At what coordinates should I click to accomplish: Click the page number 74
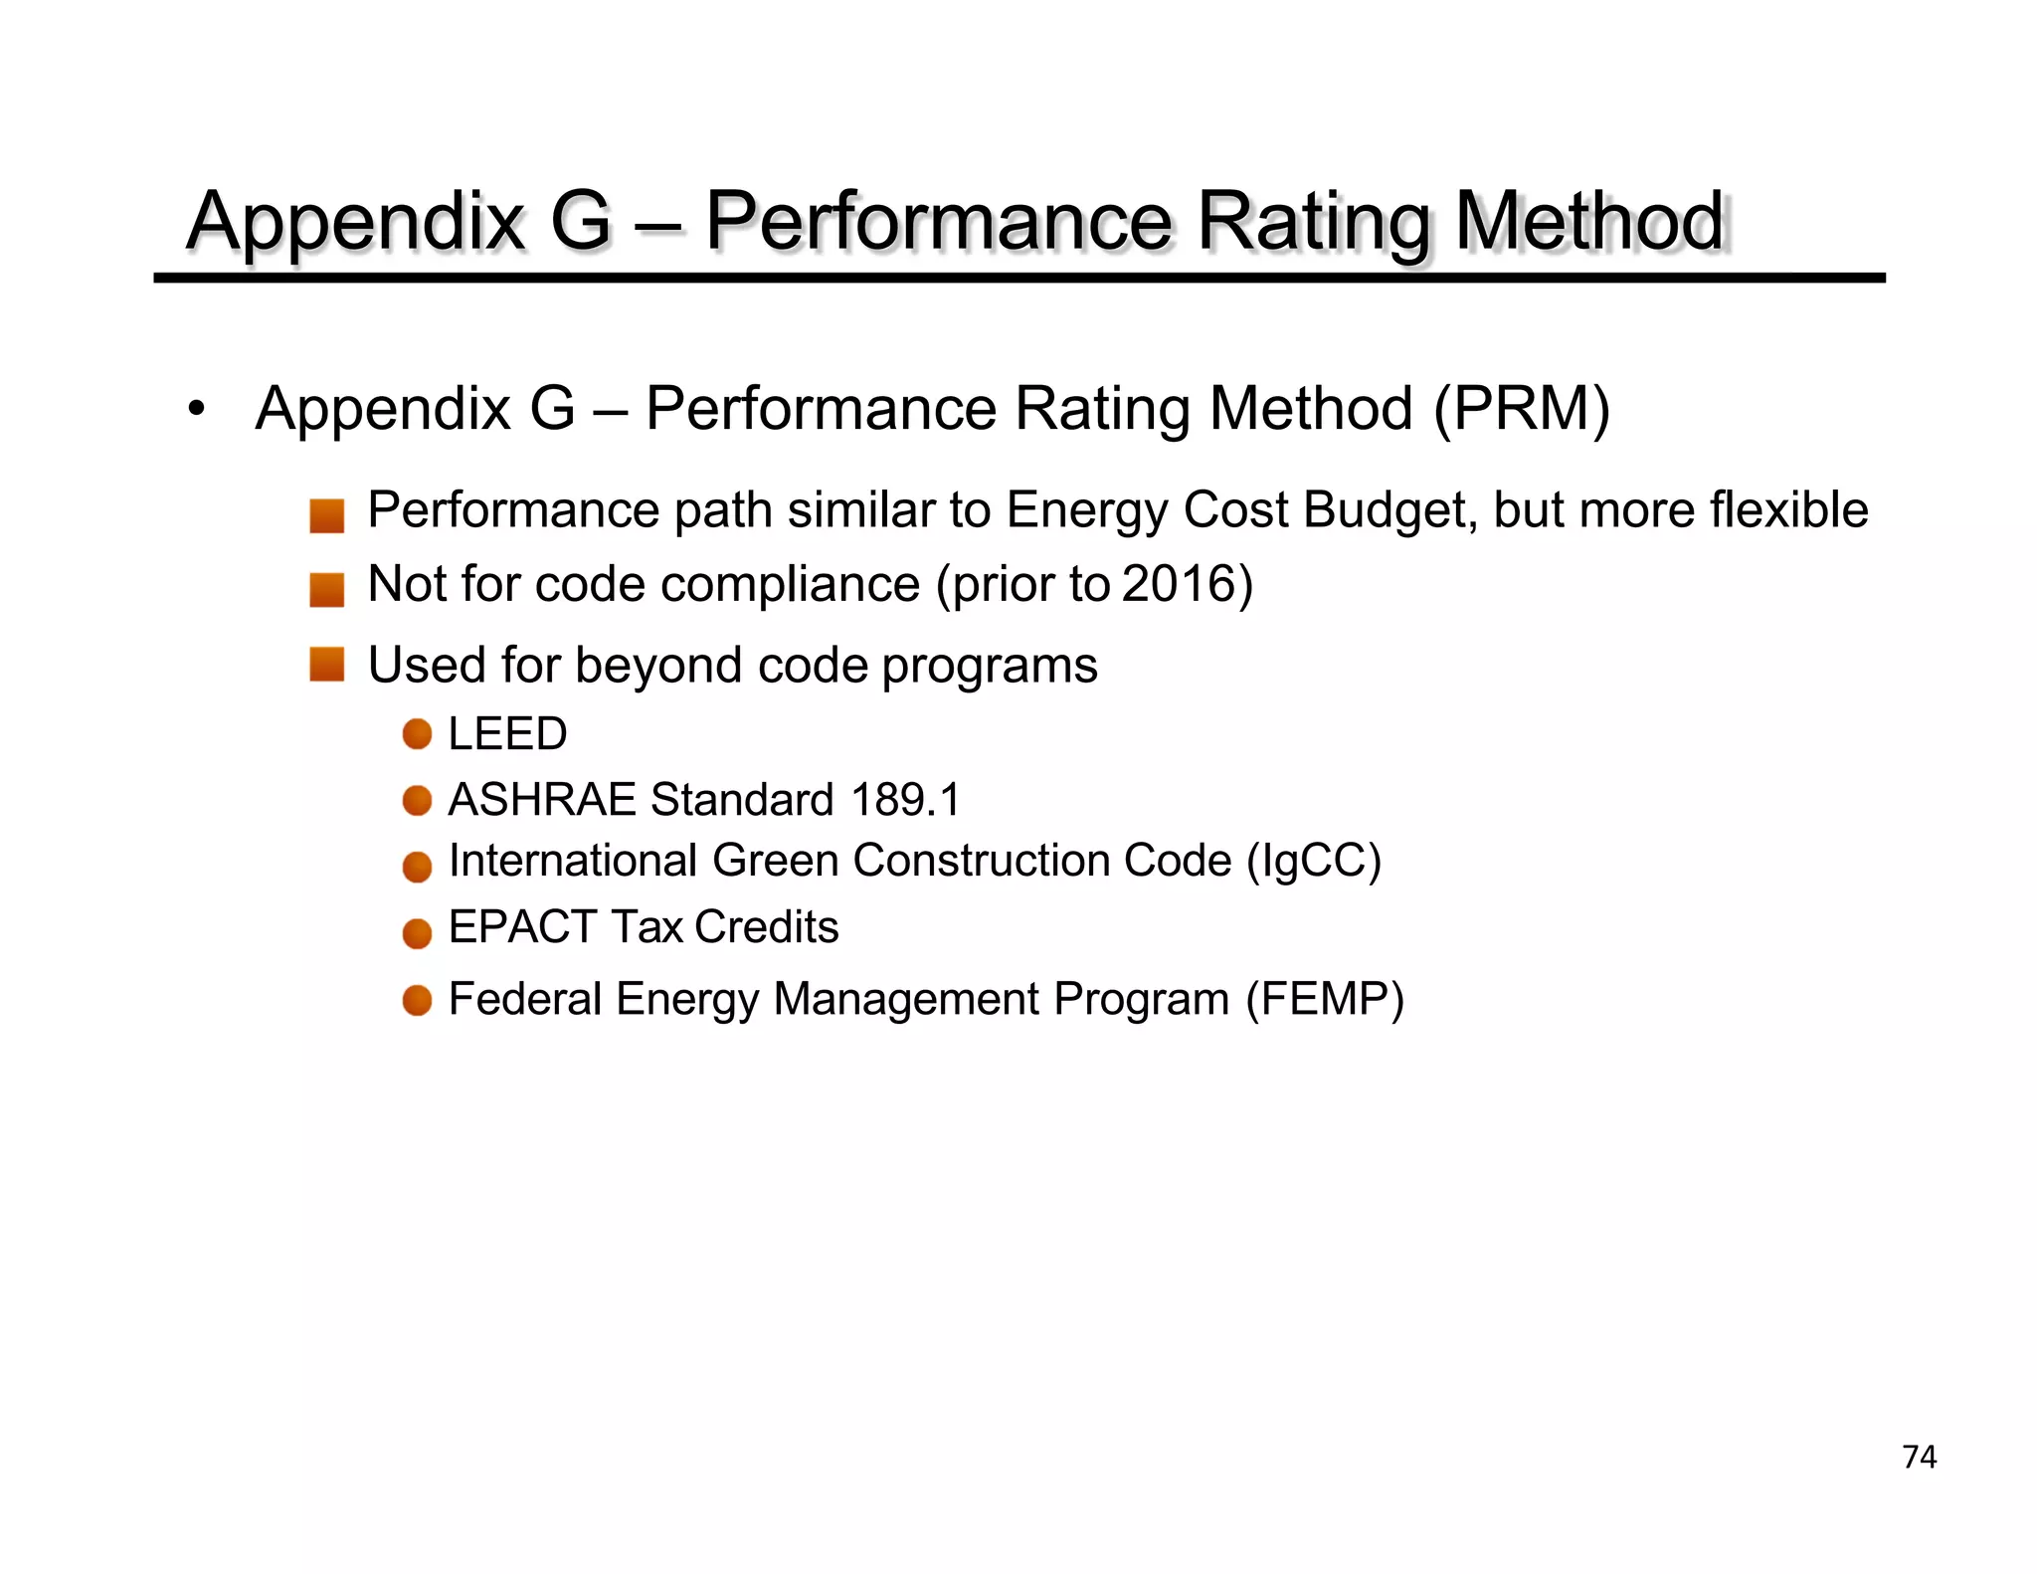(1919, 1457)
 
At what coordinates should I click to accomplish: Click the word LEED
(507, 734)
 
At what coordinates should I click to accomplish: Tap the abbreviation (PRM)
(1521, 409)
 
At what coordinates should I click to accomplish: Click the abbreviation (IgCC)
(1314, 862)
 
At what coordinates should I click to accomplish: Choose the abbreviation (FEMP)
(1325, 1000)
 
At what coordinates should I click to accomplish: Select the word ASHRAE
(541, 800)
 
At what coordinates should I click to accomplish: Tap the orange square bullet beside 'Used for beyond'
(326, 664)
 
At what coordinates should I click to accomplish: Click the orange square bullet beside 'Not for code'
(326, 589)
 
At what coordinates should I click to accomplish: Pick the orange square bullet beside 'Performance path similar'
(326, 515)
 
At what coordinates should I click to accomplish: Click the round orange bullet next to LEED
(417, 734)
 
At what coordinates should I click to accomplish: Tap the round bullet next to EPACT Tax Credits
(417, 933)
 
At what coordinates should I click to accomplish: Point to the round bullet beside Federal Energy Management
(417, 1000)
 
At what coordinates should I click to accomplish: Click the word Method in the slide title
(1588, 221)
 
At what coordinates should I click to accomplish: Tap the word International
(573, 862)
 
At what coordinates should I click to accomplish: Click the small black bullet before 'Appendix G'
(197, 409)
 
